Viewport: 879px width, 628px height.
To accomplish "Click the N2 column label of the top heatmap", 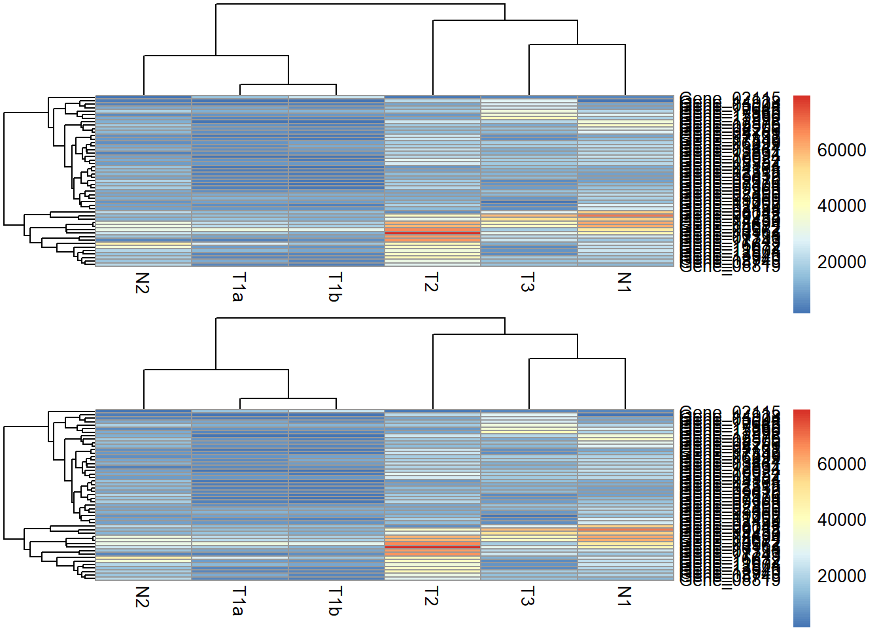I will [143, 283].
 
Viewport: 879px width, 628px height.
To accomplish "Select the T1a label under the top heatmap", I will [239, 287].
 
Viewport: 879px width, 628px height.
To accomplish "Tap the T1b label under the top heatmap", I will [335, 287].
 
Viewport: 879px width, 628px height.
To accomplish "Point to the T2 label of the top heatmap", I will [431, 283].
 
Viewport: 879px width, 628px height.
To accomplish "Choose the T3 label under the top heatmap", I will [527, 283].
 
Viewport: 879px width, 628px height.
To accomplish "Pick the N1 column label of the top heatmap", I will [624, 283].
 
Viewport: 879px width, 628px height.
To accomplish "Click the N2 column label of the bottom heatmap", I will [143, 597].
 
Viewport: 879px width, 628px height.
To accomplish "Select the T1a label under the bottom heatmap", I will [239, 601].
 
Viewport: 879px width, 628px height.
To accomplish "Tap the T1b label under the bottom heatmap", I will [335, 601].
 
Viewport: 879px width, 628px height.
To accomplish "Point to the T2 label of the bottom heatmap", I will [431, 597].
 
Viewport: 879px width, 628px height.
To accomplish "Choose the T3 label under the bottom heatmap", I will [527, 597].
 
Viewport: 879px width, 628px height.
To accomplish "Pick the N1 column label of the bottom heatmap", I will [624, 597].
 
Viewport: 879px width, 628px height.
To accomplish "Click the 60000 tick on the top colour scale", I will [842, 150].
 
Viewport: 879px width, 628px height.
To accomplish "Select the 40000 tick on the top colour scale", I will [842, 206].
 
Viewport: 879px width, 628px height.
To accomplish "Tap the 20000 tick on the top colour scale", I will [842, 262].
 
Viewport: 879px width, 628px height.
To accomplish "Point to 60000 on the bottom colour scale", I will [842, 464].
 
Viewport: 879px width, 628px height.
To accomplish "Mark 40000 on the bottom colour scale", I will [842, 520].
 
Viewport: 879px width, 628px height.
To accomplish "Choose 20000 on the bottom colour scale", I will [842, 576].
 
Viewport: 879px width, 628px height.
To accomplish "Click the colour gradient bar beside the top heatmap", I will [801, 204].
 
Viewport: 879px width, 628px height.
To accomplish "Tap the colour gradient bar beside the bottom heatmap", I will [801, 518].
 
